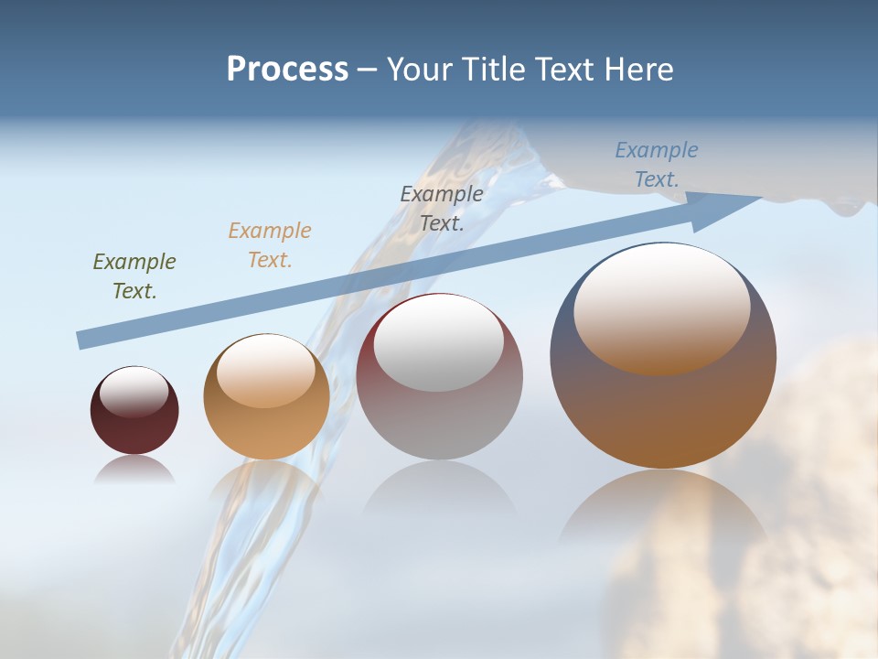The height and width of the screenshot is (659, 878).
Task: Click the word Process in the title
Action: pyautogui.click(x=287, y=70)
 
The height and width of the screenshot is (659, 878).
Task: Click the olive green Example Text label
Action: pyautogui.click(x=134, y=276)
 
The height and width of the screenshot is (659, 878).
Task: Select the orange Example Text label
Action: pyautogui.click(x=270, y=244)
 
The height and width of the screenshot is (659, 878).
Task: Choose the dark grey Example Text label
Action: pyautogui.click(x=442, y=208)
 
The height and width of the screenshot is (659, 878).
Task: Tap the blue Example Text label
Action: pyautogui.click(x=657, y=164)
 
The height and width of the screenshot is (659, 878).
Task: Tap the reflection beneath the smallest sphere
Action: pyautogui.click(x=134, y=469)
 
